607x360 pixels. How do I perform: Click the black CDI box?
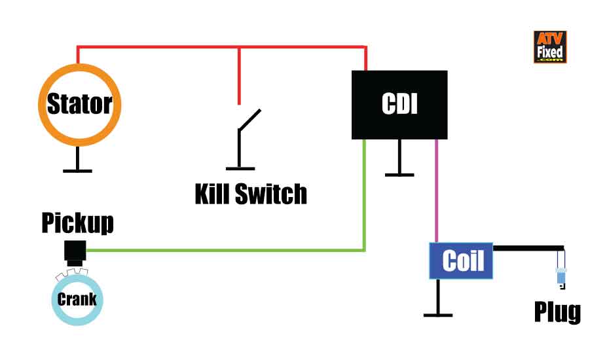click(399, 105)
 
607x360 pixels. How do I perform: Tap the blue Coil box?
click(461, 261)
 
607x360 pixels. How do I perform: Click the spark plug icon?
click(561, 274)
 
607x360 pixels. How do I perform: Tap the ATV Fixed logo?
click(549, 47)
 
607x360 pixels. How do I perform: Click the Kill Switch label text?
click(251, 194)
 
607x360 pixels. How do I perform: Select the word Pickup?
click(77, 223)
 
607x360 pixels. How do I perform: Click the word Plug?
click(557, 312)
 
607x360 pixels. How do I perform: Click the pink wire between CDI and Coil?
click(436, 190)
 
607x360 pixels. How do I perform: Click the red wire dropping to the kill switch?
click(240, 75)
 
